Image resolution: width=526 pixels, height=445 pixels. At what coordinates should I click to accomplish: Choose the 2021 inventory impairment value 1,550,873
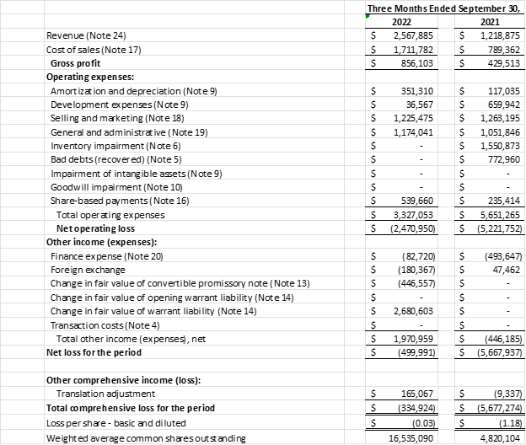point(497,145)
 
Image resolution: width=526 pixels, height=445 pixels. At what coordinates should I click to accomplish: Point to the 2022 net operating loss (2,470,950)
point(411,228)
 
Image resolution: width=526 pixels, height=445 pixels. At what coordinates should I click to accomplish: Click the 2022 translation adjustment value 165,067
point(416,393)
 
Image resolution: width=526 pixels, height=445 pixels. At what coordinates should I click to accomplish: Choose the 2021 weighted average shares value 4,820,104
point(497,437)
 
